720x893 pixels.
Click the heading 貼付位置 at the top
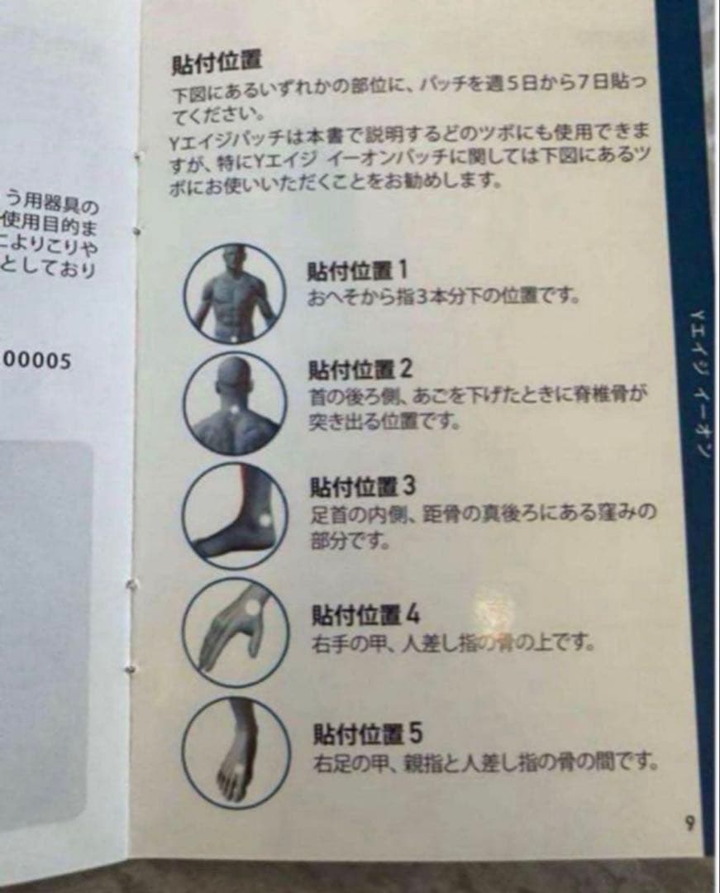click(217, 63)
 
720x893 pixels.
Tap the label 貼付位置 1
click(357, 270)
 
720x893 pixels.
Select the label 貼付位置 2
click(360, 370)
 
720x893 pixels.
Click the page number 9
click(689, 823)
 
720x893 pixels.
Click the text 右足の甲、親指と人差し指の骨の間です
click(485, 760)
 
